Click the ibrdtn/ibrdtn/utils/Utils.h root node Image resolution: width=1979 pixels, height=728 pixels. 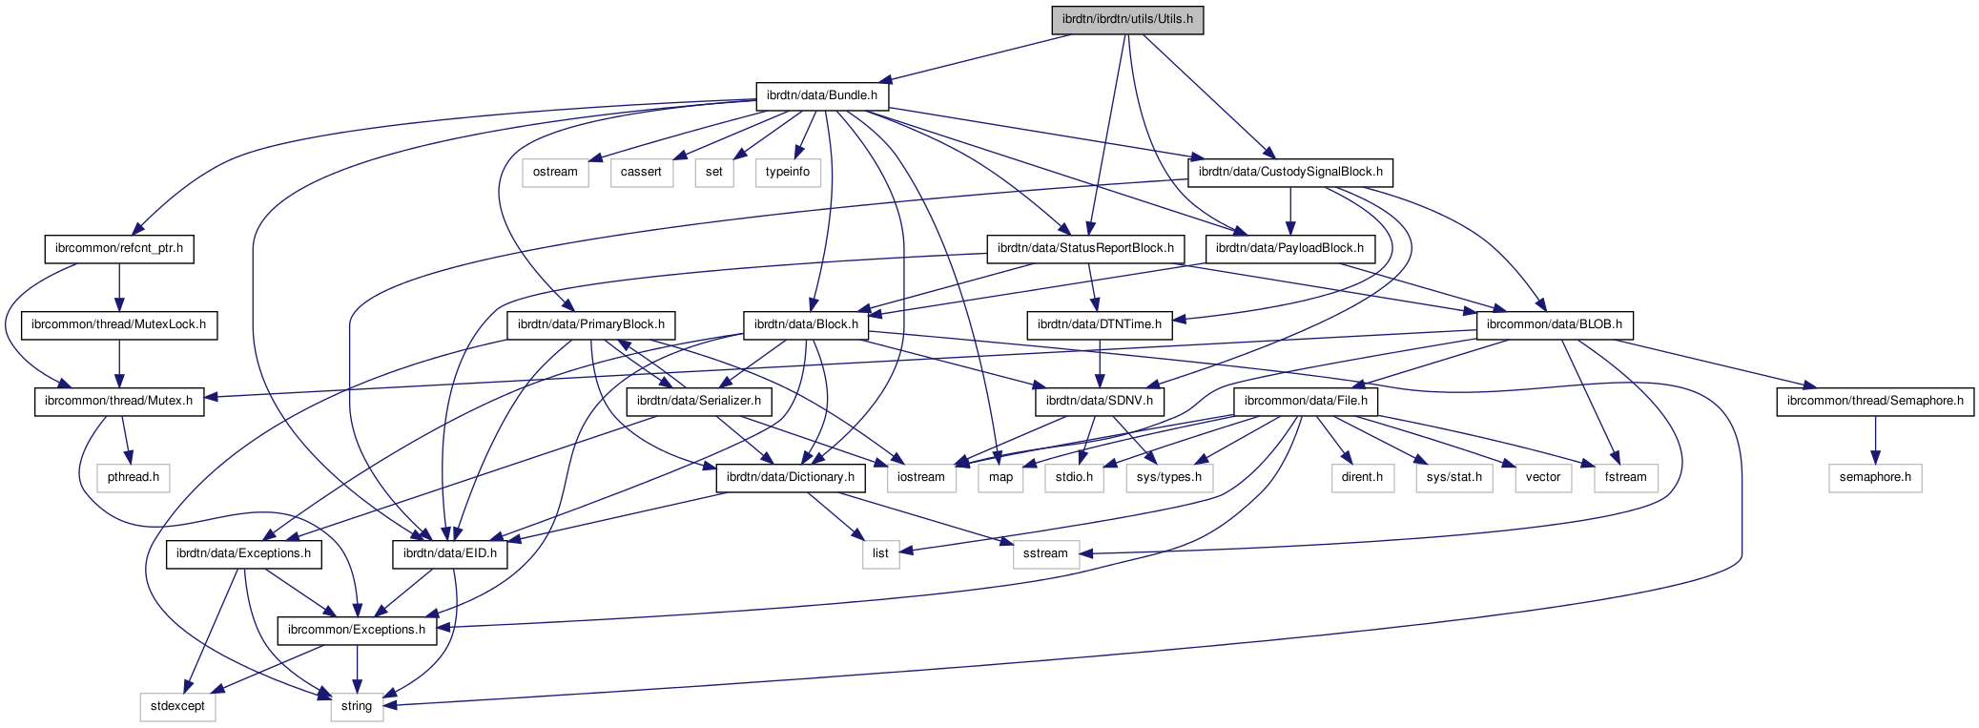pos(1127,19)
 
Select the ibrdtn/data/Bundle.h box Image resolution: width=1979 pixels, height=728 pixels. pos(821,95)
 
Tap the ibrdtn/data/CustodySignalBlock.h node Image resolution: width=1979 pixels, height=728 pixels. pos(1289,172)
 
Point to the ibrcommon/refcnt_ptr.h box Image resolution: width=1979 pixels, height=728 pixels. pos(119,248)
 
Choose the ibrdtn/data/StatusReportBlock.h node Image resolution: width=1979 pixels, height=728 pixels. pos(1085,248)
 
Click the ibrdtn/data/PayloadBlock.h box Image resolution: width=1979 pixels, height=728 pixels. pos(1289,248)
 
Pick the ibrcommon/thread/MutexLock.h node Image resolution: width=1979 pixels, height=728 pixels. pos(118,324)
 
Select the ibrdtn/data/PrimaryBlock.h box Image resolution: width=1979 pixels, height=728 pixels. pos(590,324)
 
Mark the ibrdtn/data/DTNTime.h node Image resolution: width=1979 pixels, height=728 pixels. pos(1099,324)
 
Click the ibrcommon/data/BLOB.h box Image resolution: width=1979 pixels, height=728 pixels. pos(1554,324)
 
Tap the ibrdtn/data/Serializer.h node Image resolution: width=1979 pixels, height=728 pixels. pos(698,401)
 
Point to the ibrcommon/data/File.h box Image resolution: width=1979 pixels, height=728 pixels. pos(1305,401)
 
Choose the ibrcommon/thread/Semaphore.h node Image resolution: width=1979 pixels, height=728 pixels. pos(1874,401)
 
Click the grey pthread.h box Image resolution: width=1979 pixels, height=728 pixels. pos(133,477)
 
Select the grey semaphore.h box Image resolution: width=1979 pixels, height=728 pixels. pos(1874,477)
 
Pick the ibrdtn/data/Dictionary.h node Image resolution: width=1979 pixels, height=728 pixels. pos(790,477)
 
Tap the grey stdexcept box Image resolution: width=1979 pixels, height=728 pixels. pos(177,706)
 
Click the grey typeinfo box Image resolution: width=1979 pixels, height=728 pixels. pos(787,172)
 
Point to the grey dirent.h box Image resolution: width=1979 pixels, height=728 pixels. pos(1361,477)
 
